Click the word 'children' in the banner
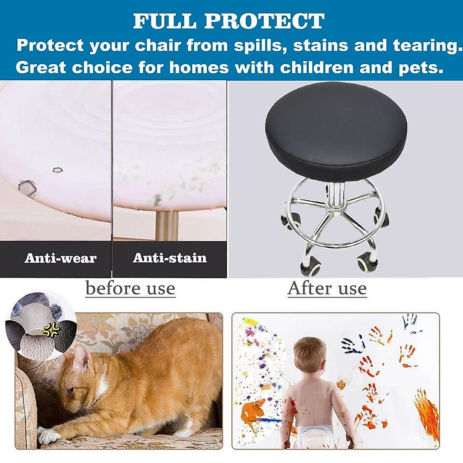coord(317,67)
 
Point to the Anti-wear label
coord(61,258)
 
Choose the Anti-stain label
coord(170,258)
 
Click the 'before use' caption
coord(130,288)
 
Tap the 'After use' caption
coord(327,288)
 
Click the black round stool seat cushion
coord(336,131)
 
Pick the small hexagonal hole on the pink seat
coord(57,170)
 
